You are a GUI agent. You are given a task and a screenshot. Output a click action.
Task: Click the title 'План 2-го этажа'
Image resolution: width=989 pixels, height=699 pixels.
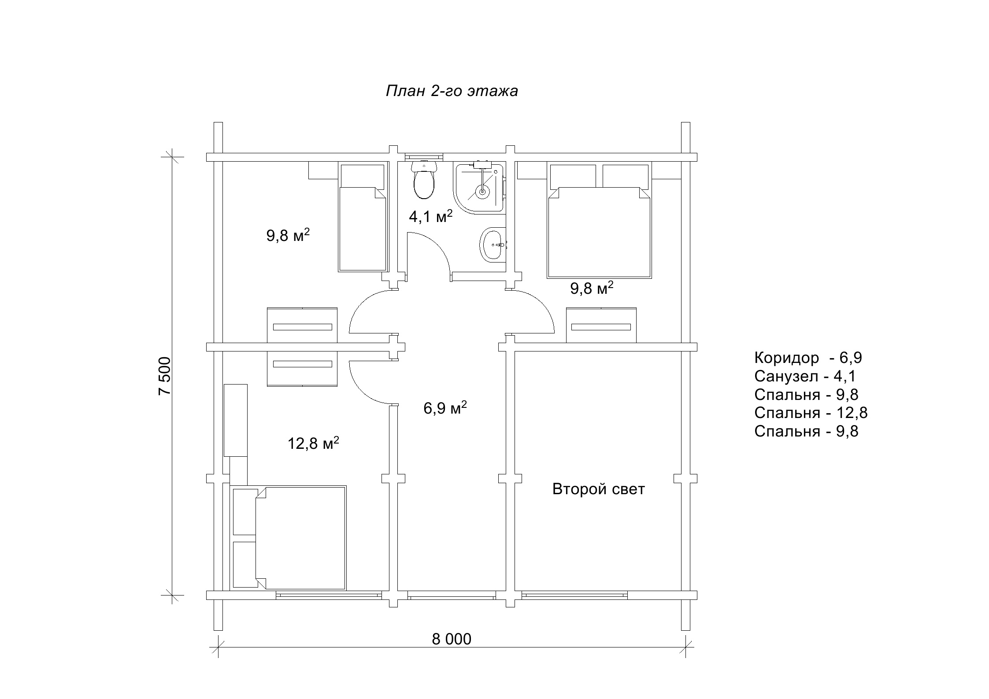[x=452, y=91]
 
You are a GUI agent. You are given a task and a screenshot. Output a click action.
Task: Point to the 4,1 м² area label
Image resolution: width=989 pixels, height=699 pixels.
[x=431, y=216]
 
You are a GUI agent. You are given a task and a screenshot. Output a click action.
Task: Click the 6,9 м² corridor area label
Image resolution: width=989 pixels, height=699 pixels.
[x=445, y=408]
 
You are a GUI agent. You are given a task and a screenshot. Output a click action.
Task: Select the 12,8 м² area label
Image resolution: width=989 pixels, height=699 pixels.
[x=313, y=443]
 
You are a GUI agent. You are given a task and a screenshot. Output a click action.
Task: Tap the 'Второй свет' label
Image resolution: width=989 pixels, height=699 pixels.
[x=598, y=489]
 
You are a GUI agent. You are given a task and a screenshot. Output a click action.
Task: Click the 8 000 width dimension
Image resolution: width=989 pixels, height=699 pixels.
[x=452, y=639]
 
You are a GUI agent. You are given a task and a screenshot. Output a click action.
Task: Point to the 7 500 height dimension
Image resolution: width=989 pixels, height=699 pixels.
[x=164, y=376]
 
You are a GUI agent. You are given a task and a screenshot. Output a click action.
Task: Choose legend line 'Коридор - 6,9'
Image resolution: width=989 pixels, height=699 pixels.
[x=808, y=357]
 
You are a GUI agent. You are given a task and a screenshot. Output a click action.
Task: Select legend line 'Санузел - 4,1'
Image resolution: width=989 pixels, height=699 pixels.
[x=805, y=376]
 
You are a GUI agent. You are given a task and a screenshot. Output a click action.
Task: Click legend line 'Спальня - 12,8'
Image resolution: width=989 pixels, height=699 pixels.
[x=811, y=413]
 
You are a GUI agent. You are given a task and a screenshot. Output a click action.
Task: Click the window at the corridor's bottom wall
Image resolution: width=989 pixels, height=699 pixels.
[x=452, y=595]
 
